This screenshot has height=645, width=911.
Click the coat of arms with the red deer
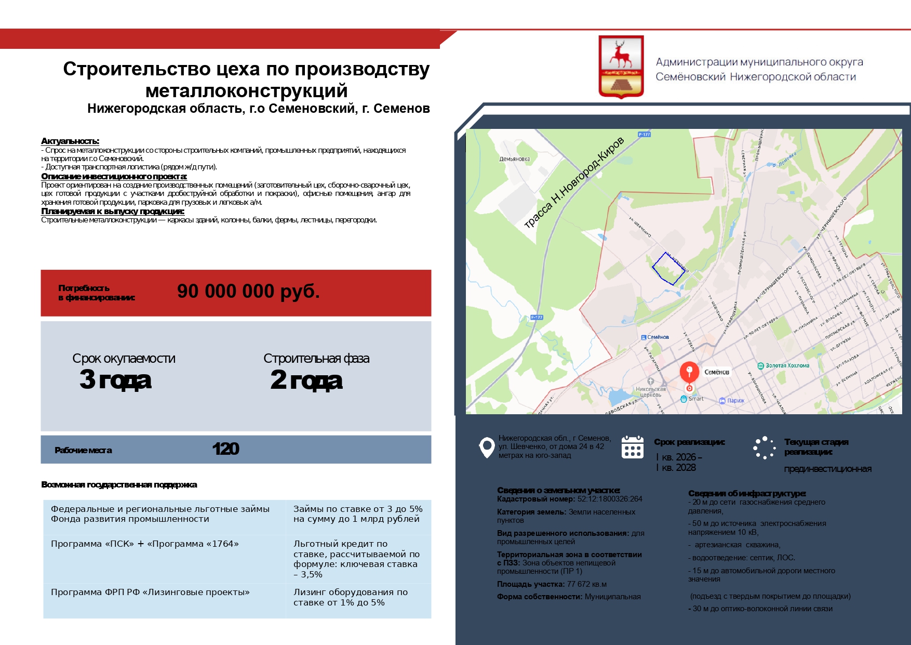click(621, 67)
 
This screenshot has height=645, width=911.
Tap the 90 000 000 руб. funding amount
click(248, 292)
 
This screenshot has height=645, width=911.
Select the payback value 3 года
click(115, 380)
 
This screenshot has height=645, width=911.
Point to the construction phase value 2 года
click(306, 380)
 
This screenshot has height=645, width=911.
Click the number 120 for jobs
click(225, 449)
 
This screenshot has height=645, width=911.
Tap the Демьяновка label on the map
click(514, 159)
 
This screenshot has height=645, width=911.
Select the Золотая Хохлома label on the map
click(787, 365)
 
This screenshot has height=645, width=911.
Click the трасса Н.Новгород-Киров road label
click(573, 183)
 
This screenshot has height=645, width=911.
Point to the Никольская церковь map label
click(650, 391)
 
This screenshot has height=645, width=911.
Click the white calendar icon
click(632, 447)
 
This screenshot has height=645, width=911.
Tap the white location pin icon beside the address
click(487, 447)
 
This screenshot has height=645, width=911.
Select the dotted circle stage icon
click(764, 447)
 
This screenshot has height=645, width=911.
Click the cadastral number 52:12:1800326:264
click(610, 499)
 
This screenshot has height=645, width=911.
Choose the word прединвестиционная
click(827, 469)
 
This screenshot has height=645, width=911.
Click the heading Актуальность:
click(70, 141)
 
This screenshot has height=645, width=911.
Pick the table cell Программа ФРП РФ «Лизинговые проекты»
click(150, 593)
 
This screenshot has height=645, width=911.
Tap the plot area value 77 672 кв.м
click(587, 584)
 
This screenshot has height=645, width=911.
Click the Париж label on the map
click(735, 401)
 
